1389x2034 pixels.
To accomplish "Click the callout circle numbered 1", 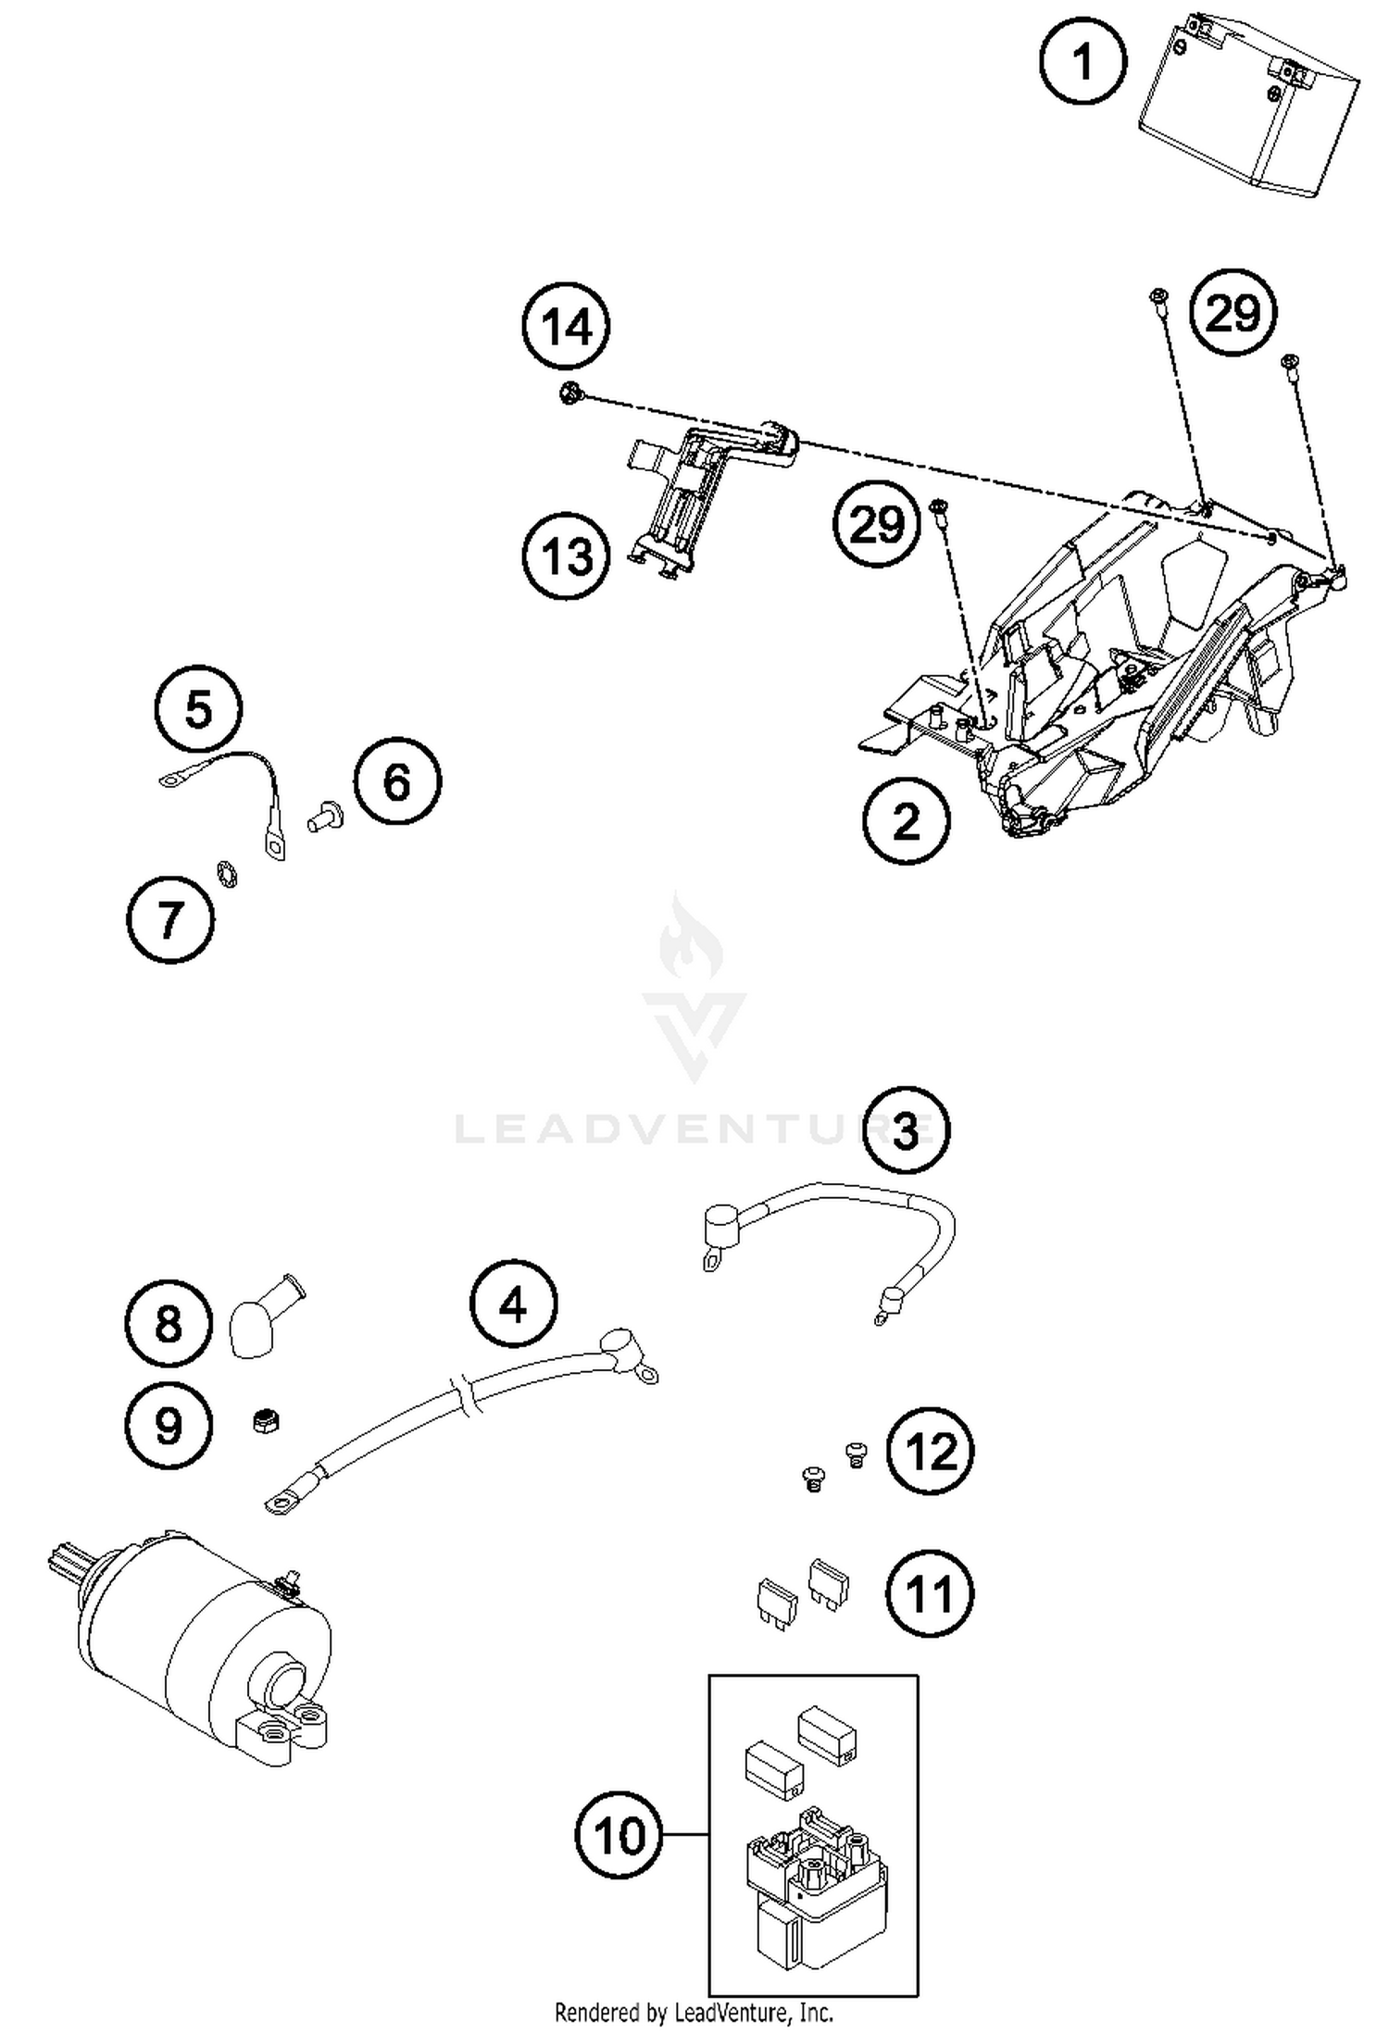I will pyautogui.click(x=1082, y=63).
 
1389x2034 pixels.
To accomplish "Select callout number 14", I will pyautogui.click(x=566, y=327).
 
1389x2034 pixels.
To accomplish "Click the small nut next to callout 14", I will pyautogui.click(x=569, y=393).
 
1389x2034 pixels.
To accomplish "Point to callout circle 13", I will pyautogui.click(x=566, y=556).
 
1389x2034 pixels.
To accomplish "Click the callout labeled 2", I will pyautogui.click(x=907, y=820).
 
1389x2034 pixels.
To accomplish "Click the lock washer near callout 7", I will pyautogui.click(x=227, y=873).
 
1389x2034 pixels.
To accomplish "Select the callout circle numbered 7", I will pyautogui.click(x=169, y=919).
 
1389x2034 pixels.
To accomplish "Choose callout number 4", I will pyautogui.click(x=513, y=1304).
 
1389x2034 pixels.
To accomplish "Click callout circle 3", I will pyautogui.click(x=905, y=1129).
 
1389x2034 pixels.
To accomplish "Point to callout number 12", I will pyautogui.click(x=930, y=1452).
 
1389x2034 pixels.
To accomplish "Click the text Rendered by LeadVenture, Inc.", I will pyautogui.click(x=694, y=2012).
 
